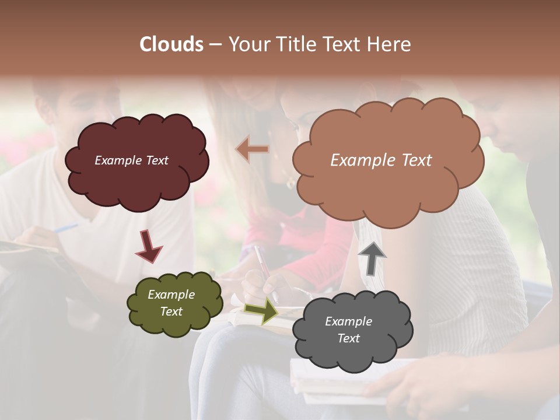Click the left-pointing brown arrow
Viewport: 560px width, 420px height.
coord(253,149)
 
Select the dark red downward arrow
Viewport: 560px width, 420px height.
coord(148,246)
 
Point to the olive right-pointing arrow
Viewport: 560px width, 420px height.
coord(261,310)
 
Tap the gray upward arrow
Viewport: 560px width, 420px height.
coord(372,258)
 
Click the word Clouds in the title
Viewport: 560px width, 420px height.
coord(171,44)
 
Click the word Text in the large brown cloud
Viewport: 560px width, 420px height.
coord(412,160)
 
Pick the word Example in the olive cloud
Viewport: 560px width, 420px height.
coord(171,295)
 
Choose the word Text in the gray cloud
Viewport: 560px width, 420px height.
coord(348,338)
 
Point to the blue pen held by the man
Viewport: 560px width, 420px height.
coord(66,228)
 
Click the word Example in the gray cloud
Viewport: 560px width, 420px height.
coord(348,321)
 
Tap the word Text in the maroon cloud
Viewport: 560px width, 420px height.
coord(156,160)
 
